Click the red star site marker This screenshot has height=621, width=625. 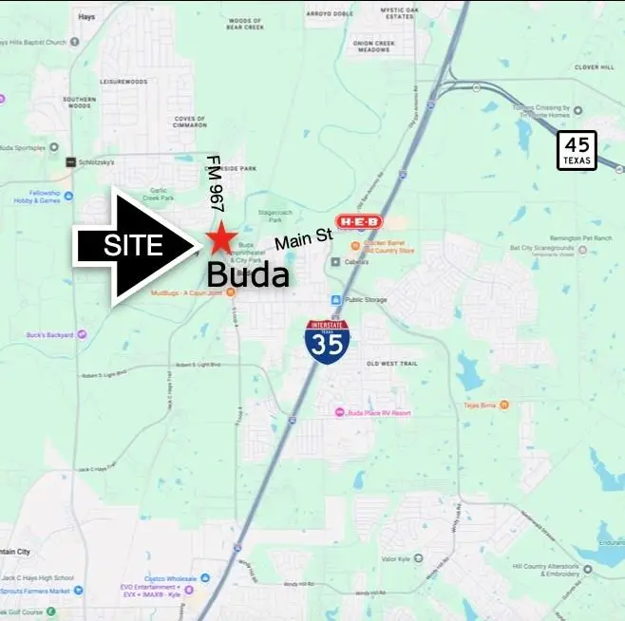(x=221, y=236)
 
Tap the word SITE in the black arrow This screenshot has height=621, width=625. (x=133, y=246)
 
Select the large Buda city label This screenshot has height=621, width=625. (x=247, y=275)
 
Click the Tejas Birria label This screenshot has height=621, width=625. (x=481, y=405)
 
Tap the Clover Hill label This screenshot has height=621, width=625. (x=595, y=66)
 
